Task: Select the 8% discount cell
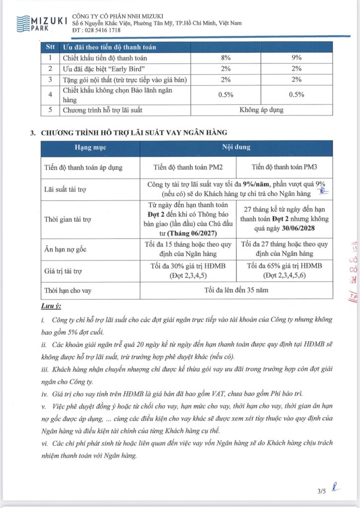click(x=226, y=58)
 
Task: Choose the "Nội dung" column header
click(x=236, y=148)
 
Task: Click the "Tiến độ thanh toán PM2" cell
click(x=190, y=167)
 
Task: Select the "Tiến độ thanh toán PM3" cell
click(x=284, y=167)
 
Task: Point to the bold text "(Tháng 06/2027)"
click(x=190, y=233)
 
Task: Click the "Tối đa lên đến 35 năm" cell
click(x=236, y=290)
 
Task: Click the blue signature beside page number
click(x=336, y=488)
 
